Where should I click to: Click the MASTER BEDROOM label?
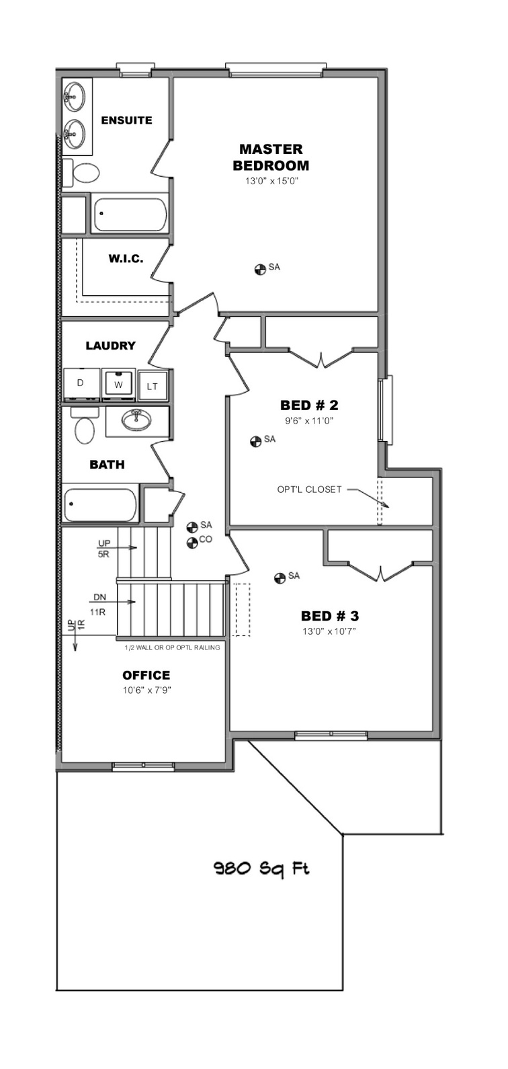pyautogui.click(x=270, y=157)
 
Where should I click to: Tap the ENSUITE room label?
pyautogui.click(x=126, y=120)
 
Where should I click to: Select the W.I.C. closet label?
pyautogui.click(x=126, y=259)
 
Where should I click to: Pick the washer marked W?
pyautogui.click(x=118, y=384)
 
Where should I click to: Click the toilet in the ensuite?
pyautogui.click(x=81, y=172)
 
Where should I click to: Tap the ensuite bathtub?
pyautogui.click(x=129, y=214)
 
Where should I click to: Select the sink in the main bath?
pyautogui.click(x=136, y=420)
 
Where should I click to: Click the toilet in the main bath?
pyautogui.click(x=84, y=426)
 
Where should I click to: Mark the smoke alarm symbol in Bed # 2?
pyautogui.click(x=255, y=442)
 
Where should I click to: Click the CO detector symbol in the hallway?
pyautogui.click(x=192, y=543)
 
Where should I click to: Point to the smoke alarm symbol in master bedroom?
pyautogui.click(x=260, y=269)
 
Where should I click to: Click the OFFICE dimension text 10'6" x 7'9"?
pyautogui.click(x=147, y=690)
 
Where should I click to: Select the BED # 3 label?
pyautogui.click(x=330, y=616)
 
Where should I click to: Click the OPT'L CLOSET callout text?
pyautogui.click(x=309, y=489)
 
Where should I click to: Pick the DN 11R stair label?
pyautogui.click(x=99, y=604)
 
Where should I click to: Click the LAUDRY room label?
pyautogui.click(x=111, y=346)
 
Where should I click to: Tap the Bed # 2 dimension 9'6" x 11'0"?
pyautogui.click(x=309, y=420)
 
